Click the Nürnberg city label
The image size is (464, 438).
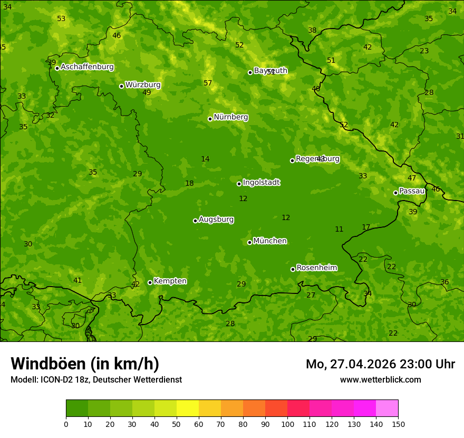pos(230,117)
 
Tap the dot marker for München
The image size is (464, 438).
pos(249,242)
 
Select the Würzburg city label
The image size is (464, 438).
pos(143,85)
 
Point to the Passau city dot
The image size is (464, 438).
pos(395,193)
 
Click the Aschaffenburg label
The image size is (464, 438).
pos(87,67)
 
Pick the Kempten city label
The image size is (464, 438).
pos(170,281)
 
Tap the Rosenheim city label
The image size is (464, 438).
pos(316,268)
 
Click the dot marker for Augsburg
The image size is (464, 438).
pos(195,221)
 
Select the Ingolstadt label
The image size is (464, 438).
pos(261,183)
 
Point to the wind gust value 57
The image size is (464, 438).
pos(208,83)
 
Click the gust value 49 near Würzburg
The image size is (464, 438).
pos(147,93)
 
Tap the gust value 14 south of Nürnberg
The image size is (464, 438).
pos(205,159)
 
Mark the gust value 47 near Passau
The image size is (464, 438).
pos(412,178)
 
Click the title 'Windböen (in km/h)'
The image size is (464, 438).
pos(85,364)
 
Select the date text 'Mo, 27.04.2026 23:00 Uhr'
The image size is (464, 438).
pos(380,364)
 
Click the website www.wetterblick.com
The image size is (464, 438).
pos(380,379)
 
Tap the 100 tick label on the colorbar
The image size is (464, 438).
pos(287,424)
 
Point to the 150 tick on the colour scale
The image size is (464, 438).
pos(398,424)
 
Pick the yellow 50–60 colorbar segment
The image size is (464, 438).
pos(188,408)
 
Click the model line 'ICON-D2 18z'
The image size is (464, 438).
pos(63,379)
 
